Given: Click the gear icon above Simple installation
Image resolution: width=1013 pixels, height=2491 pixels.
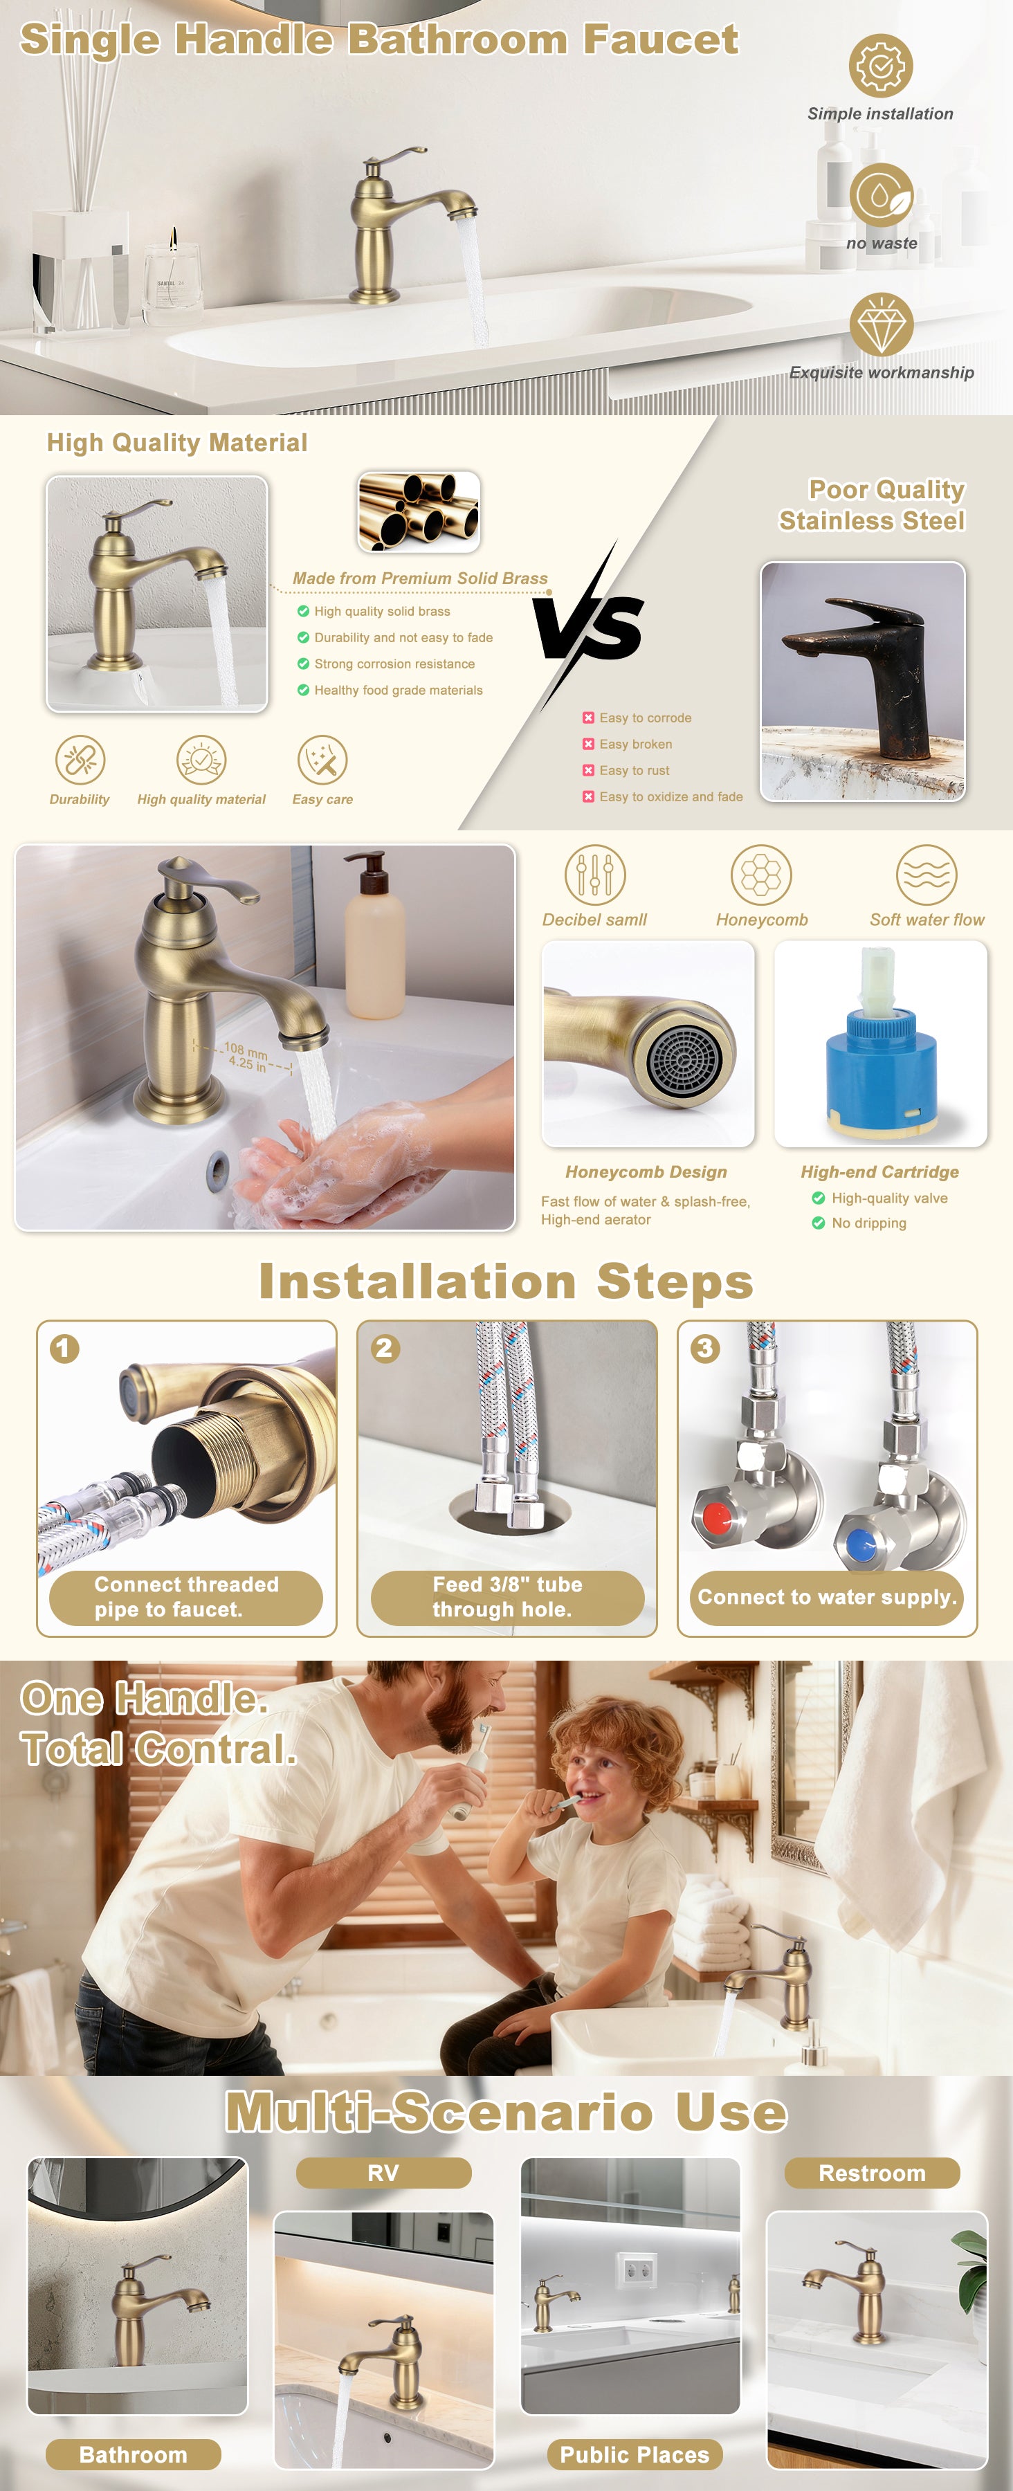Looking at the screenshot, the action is tap(881, 66).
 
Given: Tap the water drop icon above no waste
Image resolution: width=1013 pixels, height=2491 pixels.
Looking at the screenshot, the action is tap(881, 195).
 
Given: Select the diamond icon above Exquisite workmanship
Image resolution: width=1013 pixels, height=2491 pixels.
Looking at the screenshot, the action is tap(881, 325).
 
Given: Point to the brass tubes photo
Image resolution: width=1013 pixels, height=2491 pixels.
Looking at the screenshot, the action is tap(419, 511).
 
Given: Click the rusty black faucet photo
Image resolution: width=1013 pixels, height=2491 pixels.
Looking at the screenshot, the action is tap(862, 682).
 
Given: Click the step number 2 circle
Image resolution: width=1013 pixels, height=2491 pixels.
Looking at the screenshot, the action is tap(385, 1348).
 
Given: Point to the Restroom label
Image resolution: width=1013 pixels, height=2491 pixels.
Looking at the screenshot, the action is tap(872, 2173).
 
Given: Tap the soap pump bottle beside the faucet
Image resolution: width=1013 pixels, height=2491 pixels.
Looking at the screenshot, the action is tap(375, 935).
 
